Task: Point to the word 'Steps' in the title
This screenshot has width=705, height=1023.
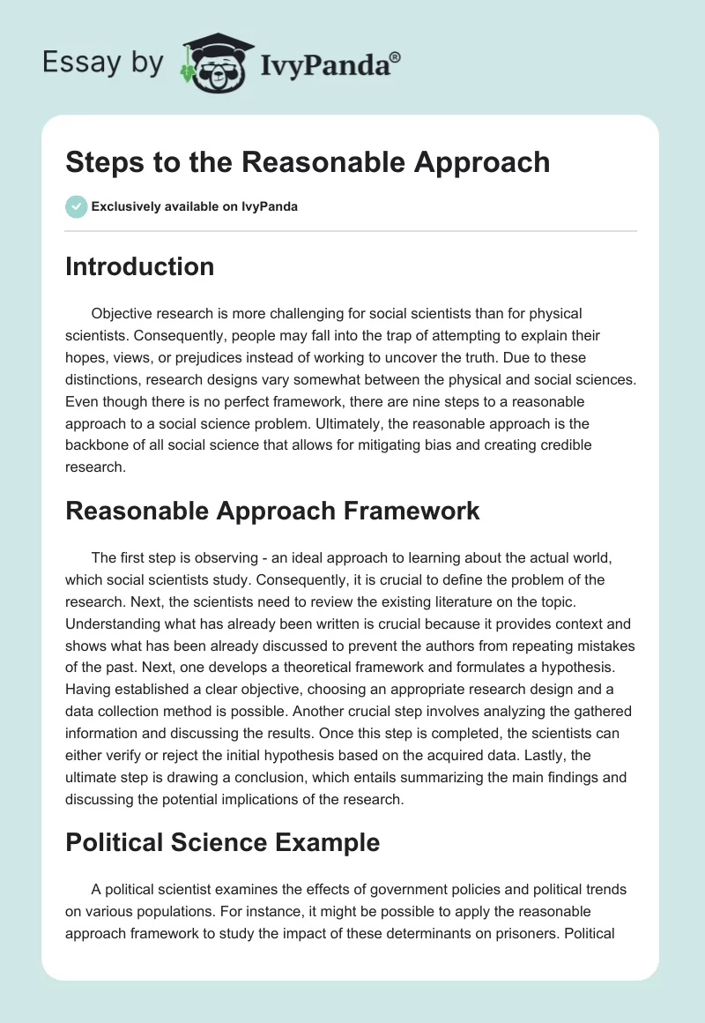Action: coord(100,162)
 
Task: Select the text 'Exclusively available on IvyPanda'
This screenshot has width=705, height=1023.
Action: coord(195,207)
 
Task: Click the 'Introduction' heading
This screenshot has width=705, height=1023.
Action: coord(139,266)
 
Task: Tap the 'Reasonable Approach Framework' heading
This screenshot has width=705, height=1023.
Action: coord(272,511)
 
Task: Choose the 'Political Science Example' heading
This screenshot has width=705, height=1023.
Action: coord(222,842)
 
